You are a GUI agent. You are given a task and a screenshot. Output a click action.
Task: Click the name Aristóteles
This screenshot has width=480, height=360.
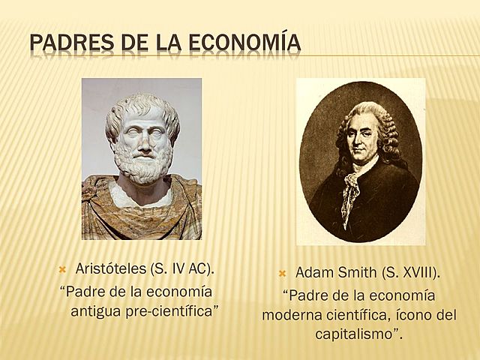pyautogui.click(x=110, y=268)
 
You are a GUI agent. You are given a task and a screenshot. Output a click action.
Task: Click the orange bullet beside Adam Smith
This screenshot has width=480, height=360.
pyautogui.click(x=283, y=272)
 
